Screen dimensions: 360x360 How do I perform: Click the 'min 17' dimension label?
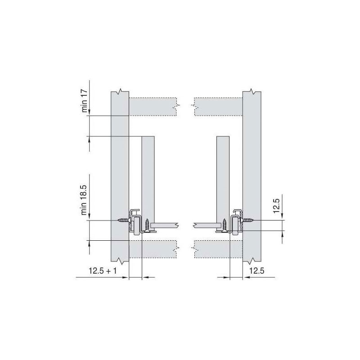click(85, 101)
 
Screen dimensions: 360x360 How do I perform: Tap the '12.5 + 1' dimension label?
click(103, 271)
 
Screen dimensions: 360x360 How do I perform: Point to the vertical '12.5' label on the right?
click(277, 206)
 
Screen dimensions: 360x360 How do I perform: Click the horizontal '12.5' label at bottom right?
click(256, 271)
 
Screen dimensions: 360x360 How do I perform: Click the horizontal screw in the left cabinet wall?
click(124, 220)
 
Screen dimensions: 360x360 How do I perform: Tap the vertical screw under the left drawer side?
click(148, 226)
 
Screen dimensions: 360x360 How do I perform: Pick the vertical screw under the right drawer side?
click(224, 226)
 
